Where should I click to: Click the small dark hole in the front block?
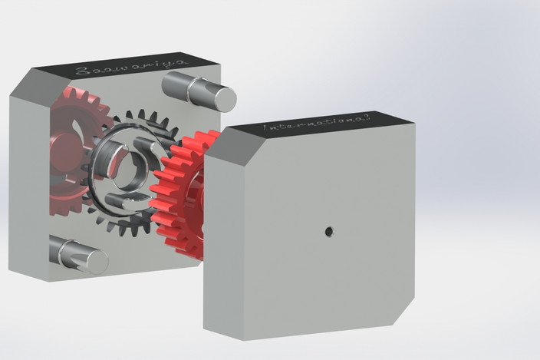click(328, 230)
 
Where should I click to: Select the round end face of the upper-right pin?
click(223, 97)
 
